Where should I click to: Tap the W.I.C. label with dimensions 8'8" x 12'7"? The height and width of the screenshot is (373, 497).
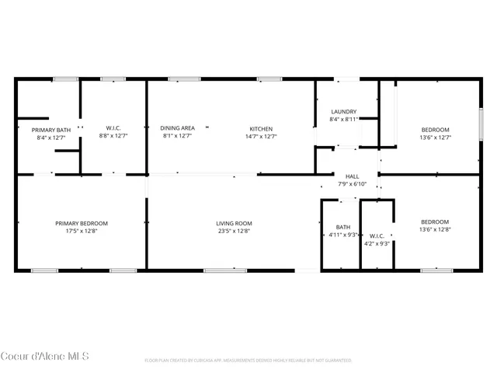[x=113, y=127]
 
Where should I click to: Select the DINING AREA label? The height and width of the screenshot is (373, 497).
[x=178, y=127]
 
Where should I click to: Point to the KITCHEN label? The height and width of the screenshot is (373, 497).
[x=261, y=127]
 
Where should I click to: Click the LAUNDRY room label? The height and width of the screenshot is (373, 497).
[x=343, y=111]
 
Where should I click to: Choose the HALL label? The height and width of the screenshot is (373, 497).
[x=352, y=176]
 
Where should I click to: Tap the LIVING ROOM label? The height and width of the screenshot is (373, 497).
[x=234, y=224]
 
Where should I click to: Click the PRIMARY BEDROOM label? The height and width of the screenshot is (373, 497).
[x=82, y=224]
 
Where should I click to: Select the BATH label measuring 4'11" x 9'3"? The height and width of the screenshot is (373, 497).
[x=342, y=227]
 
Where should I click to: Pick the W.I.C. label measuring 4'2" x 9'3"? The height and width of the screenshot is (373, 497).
[x=377, y=235]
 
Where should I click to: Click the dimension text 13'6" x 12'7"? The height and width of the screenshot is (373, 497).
[x=435, y=137]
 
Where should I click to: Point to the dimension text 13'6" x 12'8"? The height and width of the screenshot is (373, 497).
[x=435, y=229]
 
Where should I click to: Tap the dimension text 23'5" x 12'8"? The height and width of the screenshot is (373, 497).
[x=234, y=230]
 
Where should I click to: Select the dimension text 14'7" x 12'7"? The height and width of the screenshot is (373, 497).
[x=261, y=136]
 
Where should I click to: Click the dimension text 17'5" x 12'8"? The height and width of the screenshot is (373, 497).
[x=82, y=230]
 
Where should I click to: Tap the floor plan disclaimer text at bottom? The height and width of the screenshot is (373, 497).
[x=248, y=361]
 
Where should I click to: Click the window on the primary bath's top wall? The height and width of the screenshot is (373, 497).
[x=64, y=78]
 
